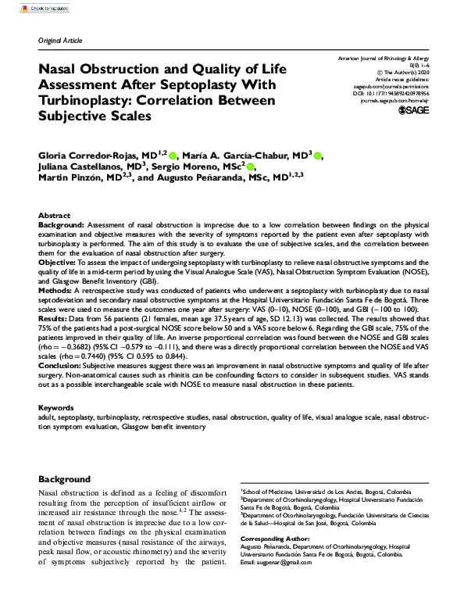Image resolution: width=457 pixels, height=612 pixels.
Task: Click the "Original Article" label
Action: [60, 41]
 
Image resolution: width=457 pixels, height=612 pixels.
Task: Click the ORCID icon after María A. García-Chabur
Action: [320, 156]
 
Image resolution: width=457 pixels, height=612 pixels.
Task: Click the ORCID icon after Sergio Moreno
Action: [251, 167]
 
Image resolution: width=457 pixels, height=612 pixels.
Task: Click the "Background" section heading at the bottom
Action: [65, 479]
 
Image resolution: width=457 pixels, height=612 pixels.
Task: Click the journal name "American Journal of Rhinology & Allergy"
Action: [382, 59]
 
